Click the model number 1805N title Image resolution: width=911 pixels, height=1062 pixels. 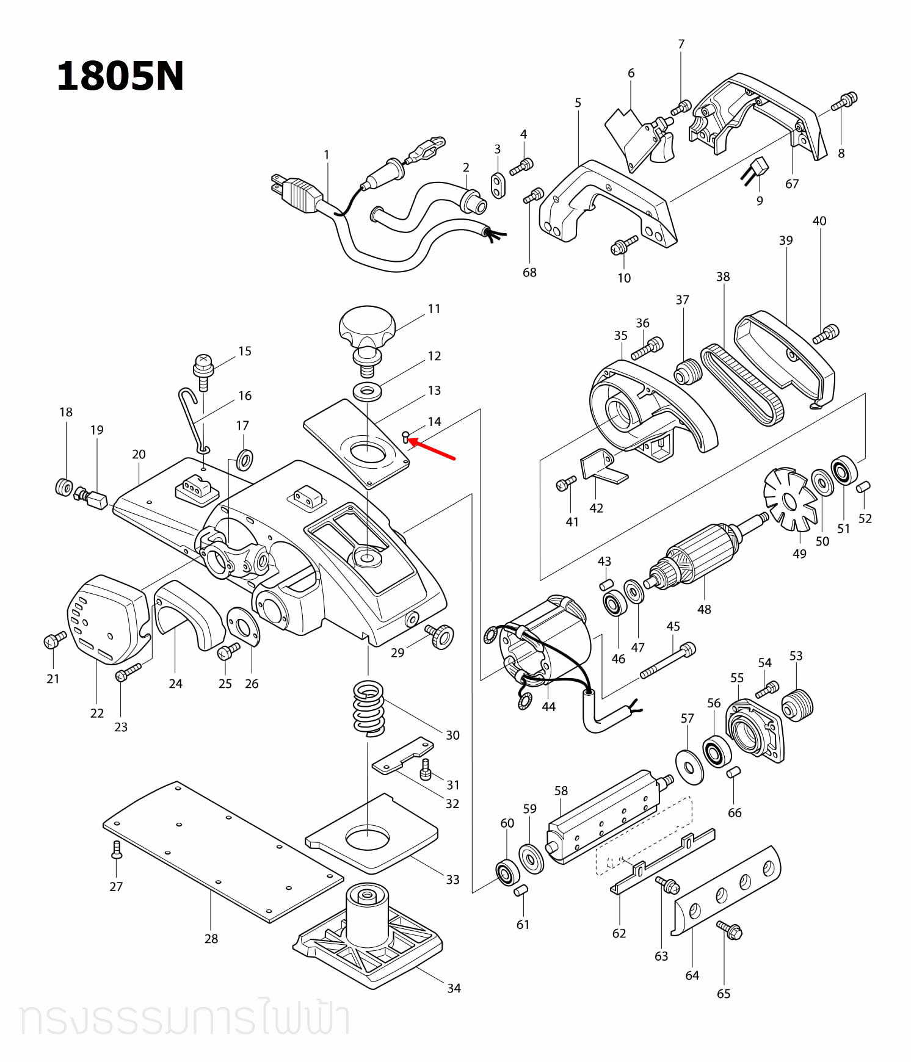[x=120, y=78]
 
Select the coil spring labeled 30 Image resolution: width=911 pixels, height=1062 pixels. [x=369, y=707]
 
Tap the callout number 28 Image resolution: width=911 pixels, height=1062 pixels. [x=211, y=939]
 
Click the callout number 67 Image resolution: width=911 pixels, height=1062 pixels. [x=791, y=184]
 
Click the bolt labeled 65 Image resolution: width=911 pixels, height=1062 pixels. [x=730, y=930]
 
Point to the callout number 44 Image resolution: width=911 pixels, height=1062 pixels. [x=548, y=706]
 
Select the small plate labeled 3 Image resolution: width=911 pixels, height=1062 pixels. [x=498, y=185]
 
